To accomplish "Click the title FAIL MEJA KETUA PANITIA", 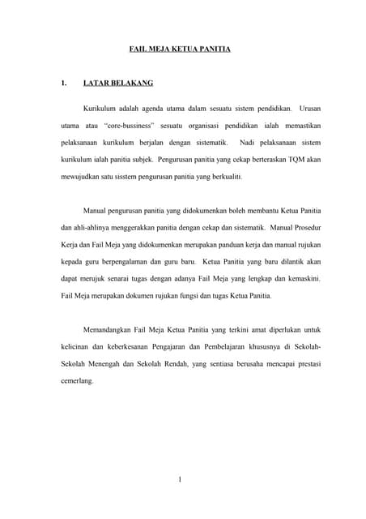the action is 181,49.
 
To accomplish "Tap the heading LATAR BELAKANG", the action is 118,83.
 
